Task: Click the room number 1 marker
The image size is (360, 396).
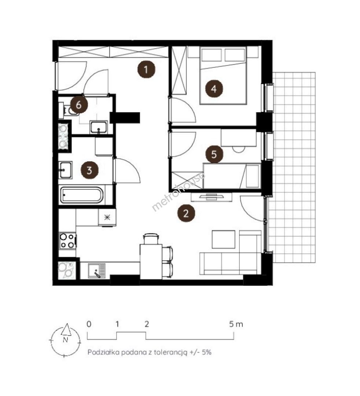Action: [x=146, y=69]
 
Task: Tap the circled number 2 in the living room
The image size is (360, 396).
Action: [x=186, y=213]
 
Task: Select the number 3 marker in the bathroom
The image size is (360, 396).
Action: [x=89, y=170]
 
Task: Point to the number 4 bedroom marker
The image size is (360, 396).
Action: [x=214, y=89]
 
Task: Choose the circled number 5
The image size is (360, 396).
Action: [x=214, y=154]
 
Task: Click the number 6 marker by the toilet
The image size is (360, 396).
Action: [x=79, y=104]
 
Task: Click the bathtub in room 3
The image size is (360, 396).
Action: [x=82, y=195]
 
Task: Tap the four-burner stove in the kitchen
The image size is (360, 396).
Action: [x=68, y=241]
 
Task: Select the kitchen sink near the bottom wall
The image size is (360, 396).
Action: [x=97, y=271]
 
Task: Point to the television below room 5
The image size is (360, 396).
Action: [x=211, y=197]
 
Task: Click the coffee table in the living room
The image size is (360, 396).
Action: [x=223, y=239]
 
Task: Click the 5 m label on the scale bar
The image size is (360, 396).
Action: [x=236, y=324]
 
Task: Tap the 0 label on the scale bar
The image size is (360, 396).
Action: [x=89, y=324]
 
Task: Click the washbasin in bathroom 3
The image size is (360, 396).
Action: [x=66, y=170]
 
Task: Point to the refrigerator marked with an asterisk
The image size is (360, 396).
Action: [x=107, y=217]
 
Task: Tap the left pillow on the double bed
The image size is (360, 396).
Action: [x=212, y=55]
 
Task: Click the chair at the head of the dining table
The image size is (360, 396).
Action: [x=151, y=239]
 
